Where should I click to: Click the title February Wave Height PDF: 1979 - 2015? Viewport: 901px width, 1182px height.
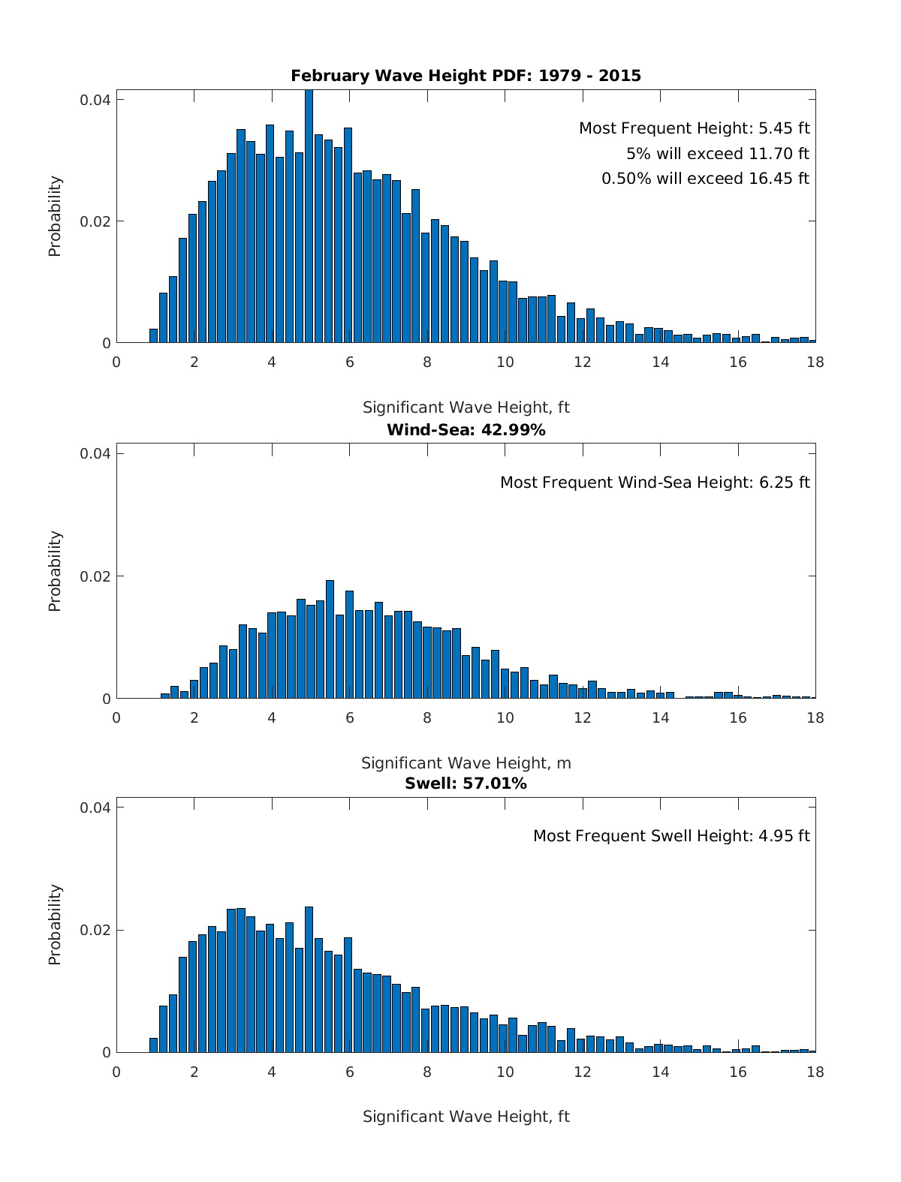(x=466, y=76)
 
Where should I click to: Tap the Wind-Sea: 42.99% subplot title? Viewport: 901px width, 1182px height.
(x=466, y=430)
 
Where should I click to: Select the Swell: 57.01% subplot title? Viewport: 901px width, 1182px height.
(x=466, y=783)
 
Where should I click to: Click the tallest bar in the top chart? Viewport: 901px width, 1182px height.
(x=309, y=218)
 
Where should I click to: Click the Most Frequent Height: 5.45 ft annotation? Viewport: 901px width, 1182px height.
(x=694, y=128)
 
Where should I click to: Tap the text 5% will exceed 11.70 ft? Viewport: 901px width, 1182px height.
(x=717, y=154)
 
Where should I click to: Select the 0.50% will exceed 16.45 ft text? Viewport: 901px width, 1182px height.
(x=705, y=179)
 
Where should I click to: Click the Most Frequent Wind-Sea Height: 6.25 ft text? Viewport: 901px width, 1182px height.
(x=655, y=483)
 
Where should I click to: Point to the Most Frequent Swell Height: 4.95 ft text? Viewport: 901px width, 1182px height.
(x=671, y=836)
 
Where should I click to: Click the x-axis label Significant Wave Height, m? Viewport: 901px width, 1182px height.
(x=466, y=763)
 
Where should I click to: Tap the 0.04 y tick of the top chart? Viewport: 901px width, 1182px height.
(x=95, y=100)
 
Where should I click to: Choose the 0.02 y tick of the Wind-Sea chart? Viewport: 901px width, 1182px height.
(x=95, y=576)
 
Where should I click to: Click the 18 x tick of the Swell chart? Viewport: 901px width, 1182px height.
(x=815, y=1072)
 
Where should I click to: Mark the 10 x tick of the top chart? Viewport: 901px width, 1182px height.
(x=505, y=362)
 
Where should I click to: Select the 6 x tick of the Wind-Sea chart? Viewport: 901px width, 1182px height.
(x=349, y=717)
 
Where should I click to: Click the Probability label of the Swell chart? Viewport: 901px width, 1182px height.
(x=55, y=925)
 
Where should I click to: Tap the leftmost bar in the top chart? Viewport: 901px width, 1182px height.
(x=153, y=336)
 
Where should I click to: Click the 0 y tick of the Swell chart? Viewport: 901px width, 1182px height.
(x=107, y=1053)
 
